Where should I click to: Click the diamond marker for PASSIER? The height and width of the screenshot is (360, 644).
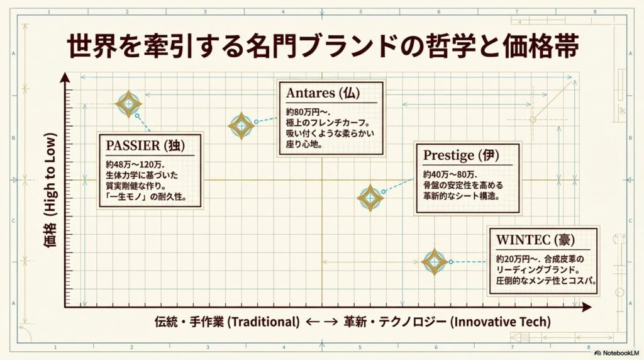[128, 104]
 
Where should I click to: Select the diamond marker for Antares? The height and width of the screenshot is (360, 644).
[241, 126]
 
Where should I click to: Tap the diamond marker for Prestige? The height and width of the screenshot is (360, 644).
[370, 198]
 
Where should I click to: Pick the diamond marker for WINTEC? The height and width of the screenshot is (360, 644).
[435, 262]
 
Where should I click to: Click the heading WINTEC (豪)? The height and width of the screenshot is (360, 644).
[535, 239]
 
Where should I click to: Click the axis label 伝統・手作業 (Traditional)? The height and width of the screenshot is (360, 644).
[227, 322]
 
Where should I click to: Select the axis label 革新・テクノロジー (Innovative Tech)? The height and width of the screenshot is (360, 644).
[447, 322]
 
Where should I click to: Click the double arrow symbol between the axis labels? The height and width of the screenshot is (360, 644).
[321, 322]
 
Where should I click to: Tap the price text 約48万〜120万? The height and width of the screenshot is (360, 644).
[135, 164]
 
